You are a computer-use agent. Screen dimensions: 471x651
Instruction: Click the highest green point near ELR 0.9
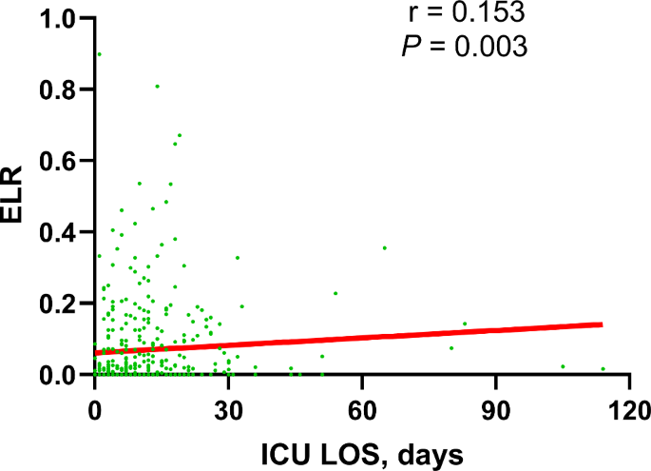(99, 54)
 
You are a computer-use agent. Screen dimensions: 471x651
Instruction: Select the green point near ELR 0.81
(157, 87)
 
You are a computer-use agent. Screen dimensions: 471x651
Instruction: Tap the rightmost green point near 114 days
(603, 369)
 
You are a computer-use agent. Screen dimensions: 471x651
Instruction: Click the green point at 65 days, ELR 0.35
(384, 248)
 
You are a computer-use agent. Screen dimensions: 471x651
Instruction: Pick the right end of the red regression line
(602, 324)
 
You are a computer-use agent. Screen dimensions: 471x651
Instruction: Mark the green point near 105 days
(563, 366)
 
